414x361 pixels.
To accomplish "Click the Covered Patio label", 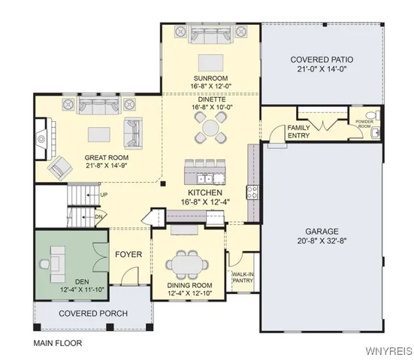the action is pos(322,59).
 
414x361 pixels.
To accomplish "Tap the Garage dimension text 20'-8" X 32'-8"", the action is pos(322,241).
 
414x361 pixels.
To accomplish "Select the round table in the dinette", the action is pos(210,127).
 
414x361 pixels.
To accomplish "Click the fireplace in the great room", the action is pos(41,138).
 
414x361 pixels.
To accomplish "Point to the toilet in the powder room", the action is pos(373,116).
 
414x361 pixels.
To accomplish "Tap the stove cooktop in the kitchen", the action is pos(252,192).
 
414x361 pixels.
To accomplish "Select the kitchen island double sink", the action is pos(205,180).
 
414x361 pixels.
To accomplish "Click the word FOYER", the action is pos(128,254).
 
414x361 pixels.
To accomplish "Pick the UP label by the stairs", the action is pos(104,195).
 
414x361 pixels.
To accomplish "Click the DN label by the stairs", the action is pos(98,217).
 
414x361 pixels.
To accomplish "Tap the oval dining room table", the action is pos(187,265).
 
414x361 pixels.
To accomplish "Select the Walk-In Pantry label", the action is pos(243,278).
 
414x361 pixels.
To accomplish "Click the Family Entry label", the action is pos(298,132).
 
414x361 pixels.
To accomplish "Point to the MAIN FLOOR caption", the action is pos(58,343).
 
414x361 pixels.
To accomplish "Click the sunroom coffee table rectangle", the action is pos(210,62).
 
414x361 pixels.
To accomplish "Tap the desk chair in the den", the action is pos(44,264).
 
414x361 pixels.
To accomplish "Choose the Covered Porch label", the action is pos(93,314).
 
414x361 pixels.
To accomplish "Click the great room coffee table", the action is pos(99,135).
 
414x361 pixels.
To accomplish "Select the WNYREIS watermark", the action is pos(388,350).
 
